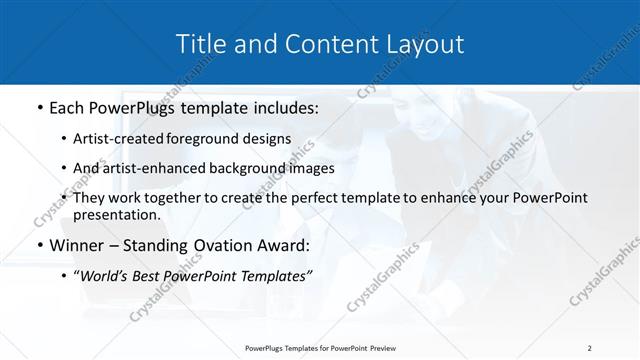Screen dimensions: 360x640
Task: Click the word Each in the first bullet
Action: [x=68, y=105]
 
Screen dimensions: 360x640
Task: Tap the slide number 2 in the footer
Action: [x=589, y=347]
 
